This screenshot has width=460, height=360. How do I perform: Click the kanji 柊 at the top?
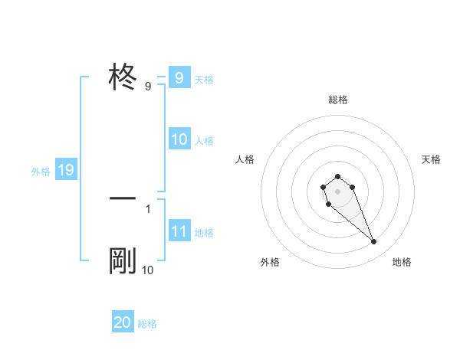pos(123,78)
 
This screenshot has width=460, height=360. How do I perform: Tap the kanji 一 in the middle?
pos(123,198)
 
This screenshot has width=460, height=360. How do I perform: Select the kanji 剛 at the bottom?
pos(123,262)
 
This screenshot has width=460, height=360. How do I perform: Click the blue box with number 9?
pos(179,78)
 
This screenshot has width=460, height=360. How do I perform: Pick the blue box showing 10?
pos(179,139)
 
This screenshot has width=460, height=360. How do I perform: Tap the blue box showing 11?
pos(179,231)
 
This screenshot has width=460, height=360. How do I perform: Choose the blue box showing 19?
pos(66,170)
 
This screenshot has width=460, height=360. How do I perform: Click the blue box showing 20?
pos(123,322)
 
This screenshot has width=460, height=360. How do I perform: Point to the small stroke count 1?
pos(148,208)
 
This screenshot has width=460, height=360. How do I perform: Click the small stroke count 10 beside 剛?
pos(148,270)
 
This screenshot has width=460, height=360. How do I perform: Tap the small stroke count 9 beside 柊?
pos(148,87)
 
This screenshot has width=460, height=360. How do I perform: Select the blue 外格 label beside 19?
pos(41,171)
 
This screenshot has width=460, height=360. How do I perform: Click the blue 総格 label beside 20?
pos(147,324)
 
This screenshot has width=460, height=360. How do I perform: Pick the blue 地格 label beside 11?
pos(204,232)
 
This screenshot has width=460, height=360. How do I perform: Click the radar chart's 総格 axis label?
pos(338,100)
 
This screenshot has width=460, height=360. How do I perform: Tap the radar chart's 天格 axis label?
pos(432,159)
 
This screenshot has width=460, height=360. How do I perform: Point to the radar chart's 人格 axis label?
pos(245,159)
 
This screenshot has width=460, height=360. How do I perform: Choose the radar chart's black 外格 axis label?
pos(270,262)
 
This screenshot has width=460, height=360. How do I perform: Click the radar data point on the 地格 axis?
pos(373,242)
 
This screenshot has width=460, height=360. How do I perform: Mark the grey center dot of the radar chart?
pos(337,191)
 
